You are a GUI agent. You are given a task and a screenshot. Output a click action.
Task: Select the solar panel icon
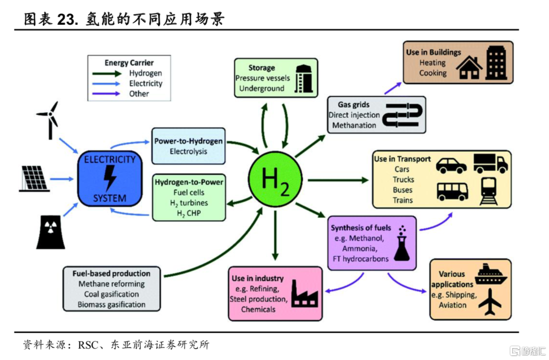click(35, 178)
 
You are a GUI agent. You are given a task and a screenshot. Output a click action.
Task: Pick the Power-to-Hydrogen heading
click(189, 141)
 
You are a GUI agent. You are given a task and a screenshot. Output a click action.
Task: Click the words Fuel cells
click(189, 193)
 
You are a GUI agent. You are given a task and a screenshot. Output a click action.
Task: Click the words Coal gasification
click(111, 294)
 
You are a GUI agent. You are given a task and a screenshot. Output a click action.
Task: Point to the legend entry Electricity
click(145, 83)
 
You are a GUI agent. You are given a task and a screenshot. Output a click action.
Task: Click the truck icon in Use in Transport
click(490, 163)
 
